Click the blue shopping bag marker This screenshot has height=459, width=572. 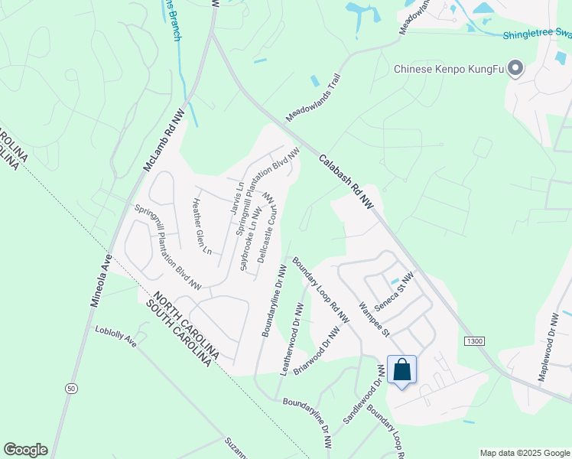[401, 371]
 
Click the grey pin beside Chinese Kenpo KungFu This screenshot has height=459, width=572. [515, 69]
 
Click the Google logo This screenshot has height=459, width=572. [25, 450]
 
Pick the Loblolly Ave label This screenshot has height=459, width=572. [115, 337]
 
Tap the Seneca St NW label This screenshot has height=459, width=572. [398, 290]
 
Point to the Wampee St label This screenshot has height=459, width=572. [375, 321]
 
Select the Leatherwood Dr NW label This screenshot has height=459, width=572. [292, 339]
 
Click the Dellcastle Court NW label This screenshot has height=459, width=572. [265, 227]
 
